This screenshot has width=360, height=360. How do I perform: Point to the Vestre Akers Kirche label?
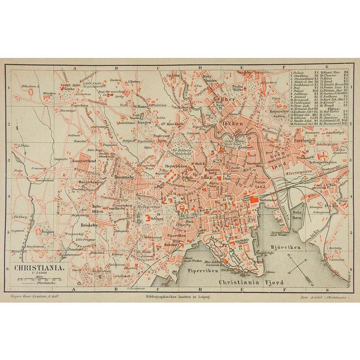67,87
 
